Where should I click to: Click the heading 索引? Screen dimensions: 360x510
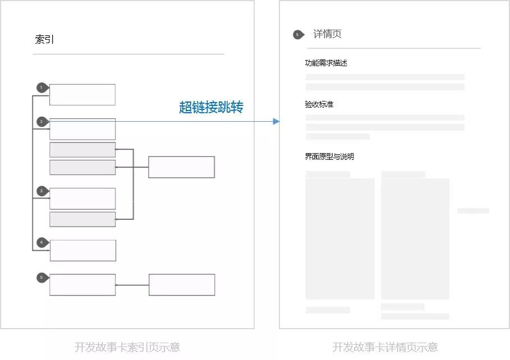pos(45,39)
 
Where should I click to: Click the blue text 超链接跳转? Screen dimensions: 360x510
pos(212,108)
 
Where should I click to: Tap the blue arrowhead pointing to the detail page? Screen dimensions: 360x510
pos(276,121)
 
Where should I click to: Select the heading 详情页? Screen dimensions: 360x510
pos(327,34)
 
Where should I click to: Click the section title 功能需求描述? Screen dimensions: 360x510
pos(326,63)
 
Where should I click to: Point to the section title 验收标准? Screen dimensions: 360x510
pos(319,104)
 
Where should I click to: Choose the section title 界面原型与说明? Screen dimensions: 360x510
pos(329,156)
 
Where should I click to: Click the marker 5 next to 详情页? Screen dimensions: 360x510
pos(297,35)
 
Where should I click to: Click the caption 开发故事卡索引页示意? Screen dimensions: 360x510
pos(127,347)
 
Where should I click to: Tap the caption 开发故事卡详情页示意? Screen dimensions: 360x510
pos(385,347)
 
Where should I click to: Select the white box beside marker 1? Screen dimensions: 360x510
pos(82,95)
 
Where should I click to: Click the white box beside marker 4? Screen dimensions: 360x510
pos(83,251)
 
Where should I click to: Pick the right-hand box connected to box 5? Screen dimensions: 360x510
pos(182,285)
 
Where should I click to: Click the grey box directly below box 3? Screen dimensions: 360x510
pos(82,219)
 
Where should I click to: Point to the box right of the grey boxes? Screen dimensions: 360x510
pos(181,167)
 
